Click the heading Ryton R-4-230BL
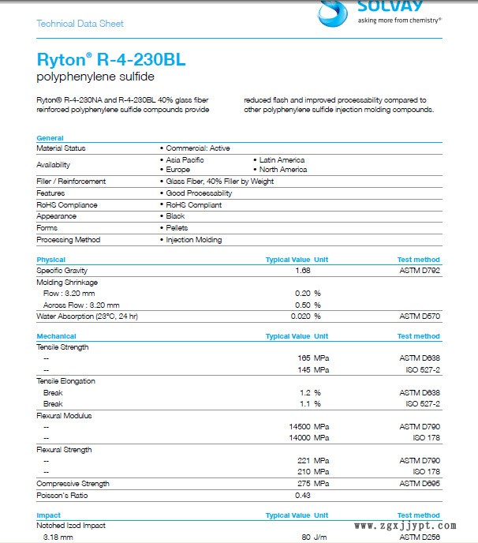tap(111, 60)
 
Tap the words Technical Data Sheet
tap(80, 24)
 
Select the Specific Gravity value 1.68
tap(302, 271)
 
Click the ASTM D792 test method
tap(420, 271)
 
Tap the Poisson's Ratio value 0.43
tap(302, 495)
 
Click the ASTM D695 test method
tap(420, 484)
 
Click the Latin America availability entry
tap(282, 160)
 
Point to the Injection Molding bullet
tap(193, 240)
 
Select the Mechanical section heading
tap(55, 336)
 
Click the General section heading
tap(50, 138)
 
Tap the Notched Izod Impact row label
tap(71, 526)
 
